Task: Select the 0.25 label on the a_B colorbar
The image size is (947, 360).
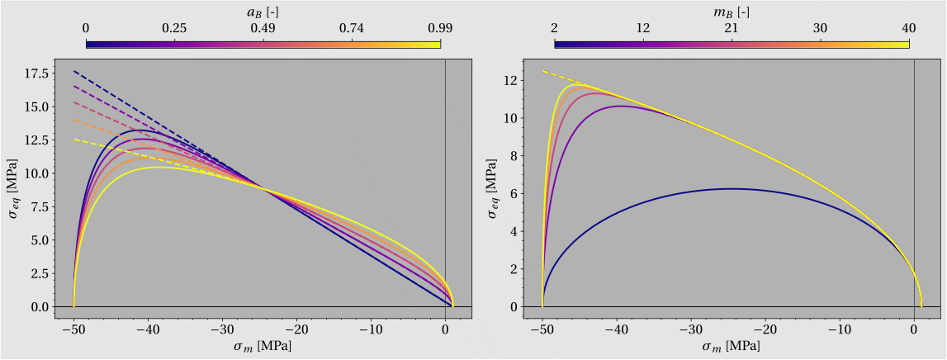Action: coord(174,28)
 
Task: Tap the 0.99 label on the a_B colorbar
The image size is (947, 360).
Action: coord(440,28)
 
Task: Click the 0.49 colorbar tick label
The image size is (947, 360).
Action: coord(263,28)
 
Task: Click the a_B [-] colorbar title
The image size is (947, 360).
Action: coord(263,11)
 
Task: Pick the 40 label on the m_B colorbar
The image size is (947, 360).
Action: coord(908,28)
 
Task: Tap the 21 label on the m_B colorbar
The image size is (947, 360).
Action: coord(731,28)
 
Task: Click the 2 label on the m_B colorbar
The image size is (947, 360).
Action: coord(554,28)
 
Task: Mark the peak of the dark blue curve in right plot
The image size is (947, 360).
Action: coord(731,188)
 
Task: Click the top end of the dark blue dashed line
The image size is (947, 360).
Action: coord(74,71)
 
